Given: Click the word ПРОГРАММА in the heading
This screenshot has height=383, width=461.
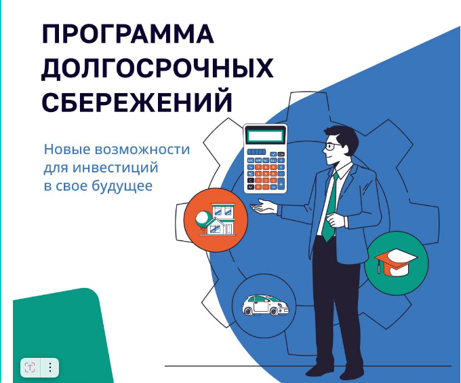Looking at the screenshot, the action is click(x=128, y=34).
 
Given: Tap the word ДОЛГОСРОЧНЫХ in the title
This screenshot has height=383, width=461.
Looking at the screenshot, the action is click(x=157, y=69).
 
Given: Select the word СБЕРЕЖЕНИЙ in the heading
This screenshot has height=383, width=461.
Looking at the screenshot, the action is click(x=137, y=101).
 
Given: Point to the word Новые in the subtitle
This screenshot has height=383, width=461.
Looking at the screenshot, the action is click(x=66, y=149).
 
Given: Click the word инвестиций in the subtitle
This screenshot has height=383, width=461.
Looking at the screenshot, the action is click(x=115, y=168).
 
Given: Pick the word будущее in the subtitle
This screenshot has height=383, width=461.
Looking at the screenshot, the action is click(x=122, y=186).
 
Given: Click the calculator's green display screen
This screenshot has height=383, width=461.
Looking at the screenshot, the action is click(x=266, y=136).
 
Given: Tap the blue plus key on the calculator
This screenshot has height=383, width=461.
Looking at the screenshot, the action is click(x=281, y=184).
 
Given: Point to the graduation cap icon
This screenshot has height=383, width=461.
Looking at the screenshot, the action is click(x=395, y=262).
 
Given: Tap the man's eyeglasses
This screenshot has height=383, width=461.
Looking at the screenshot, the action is click(x=333, y=146).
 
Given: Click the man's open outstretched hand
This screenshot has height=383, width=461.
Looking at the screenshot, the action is click(x=264, y=206).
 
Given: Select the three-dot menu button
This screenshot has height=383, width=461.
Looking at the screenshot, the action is click(x=50, y=367).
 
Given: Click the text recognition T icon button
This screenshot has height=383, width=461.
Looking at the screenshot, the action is click(x=30, y=367).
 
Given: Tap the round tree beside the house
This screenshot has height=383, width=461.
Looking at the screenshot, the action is click(x=203, y=219).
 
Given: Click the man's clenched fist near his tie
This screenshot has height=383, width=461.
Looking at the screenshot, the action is click(x=337, y=220).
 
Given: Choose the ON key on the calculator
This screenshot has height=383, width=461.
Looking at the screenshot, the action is click(x=281, y=154).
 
